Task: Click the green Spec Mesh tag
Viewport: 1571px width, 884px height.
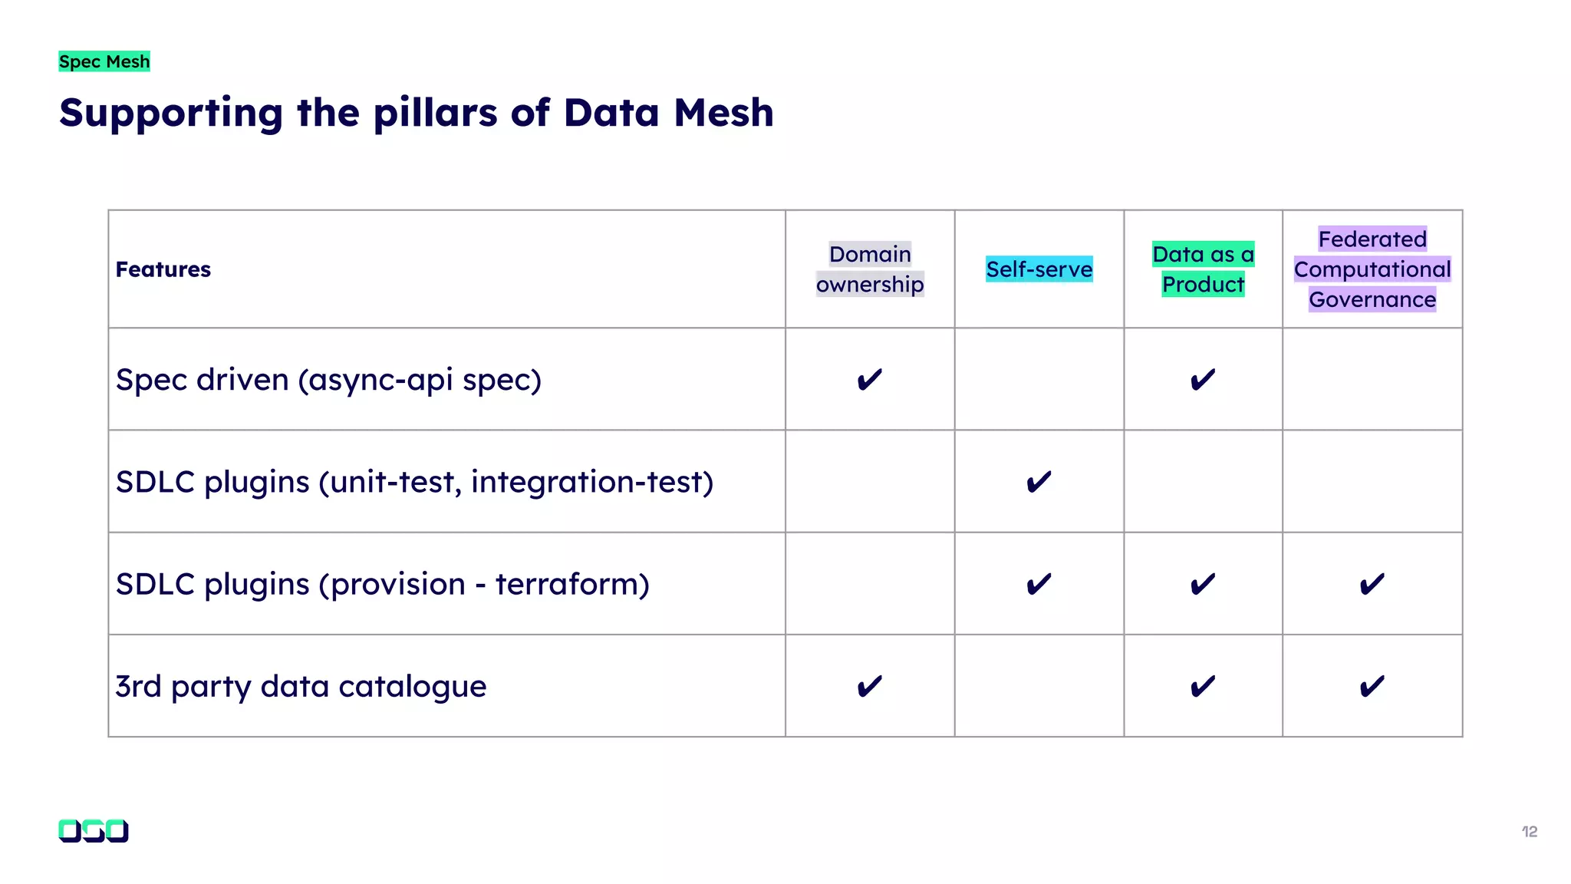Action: [x=104, y=61]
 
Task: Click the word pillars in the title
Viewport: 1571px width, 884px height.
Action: [x=436, y=114]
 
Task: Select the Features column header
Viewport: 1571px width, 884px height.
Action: [x=163, y=269]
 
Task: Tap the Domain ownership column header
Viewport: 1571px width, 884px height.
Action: [x=870, y=269]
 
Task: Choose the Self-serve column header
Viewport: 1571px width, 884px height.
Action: [x=1039, y=269]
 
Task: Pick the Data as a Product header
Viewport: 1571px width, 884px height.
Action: [x=1203, y=269]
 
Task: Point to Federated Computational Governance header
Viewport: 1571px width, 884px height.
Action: [x=1372, y=269]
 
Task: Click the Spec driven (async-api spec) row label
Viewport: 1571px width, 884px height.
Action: [x=328, y=380]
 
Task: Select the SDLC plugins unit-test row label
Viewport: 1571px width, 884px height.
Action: [x=414, y=482]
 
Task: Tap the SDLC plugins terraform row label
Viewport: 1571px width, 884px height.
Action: [x=382, y=584]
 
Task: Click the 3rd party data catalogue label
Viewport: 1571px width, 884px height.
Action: [x=301, y=686]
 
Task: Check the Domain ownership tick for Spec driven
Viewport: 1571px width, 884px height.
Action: [x=870, y=380]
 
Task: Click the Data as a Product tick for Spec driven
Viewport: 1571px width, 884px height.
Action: [x=1203, y=380]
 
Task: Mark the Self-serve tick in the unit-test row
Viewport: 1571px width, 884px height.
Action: [x=1039, y=482]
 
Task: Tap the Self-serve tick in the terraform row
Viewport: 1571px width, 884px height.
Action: [x=1039, y=584]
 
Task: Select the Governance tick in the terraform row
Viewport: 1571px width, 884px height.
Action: [x=1372, y=584]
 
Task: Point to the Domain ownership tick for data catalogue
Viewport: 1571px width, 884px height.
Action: [x=870, y=686]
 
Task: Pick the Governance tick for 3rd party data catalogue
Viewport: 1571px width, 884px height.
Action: [x=1372, y=686]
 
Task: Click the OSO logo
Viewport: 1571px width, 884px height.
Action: [x=94, y=831]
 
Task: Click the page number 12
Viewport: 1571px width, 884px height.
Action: [x=1530, y=832]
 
